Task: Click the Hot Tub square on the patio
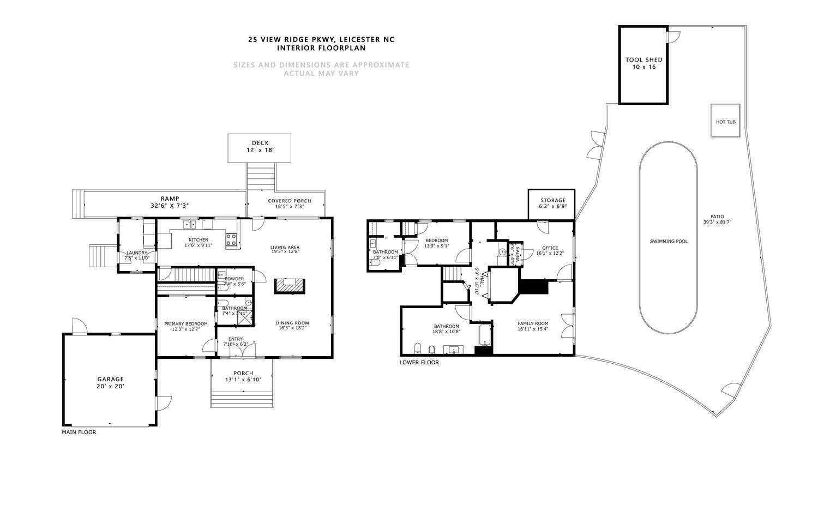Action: coord(725,122)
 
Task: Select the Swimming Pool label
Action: coord(669,241)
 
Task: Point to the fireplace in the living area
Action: coord(289,286)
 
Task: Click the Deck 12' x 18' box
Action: coord(259,148)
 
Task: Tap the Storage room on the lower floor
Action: coord(551,204)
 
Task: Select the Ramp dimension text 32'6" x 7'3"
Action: coord(170,206)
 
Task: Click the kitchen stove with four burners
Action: coord(231,240)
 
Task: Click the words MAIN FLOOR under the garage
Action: coord(79,432)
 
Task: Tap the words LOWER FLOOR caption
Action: coord(419,363)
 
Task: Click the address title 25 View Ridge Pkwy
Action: coord(321,39)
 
